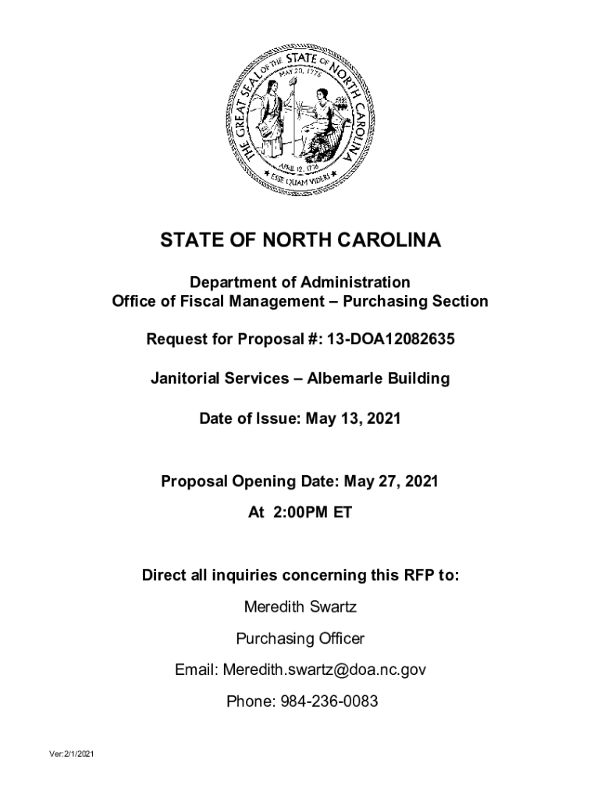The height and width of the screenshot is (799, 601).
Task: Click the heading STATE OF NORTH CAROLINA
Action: coord(300,241)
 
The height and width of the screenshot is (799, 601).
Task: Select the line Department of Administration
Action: coord(300,282)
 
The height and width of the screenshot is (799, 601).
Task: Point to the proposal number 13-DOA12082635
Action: coord(388,340)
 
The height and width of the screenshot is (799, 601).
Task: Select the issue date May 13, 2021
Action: coord(353,419)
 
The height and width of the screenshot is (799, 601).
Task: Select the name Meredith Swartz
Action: coord(300,607)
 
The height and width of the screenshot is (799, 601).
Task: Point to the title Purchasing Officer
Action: coord(300,639)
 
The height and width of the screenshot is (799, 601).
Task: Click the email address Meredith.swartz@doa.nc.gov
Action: coord(325,670)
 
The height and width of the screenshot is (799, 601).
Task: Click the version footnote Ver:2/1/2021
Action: coord(70,755)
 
